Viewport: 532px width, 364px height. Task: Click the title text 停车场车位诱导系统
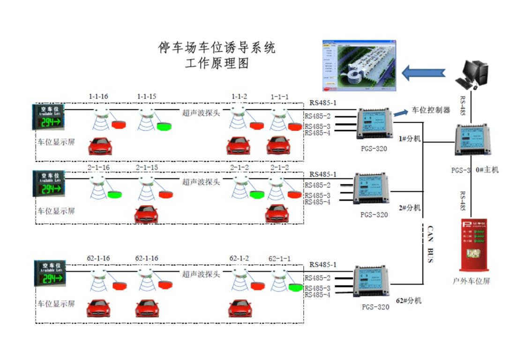(x=217, y=48)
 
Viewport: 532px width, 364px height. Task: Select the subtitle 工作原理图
(x=217, y=63)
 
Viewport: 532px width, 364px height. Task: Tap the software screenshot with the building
(x=359, y=65)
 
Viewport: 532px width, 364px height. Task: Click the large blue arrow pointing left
(x=423, y=73)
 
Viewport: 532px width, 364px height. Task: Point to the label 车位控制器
(x=431, y=110)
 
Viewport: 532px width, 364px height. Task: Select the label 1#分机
(x=410, y=139)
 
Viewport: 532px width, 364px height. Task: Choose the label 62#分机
(x=408, y=300)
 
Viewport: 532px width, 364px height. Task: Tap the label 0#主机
(x=487, y=170)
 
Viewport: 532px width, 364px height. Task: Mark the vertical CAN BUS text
(x=430, y=244)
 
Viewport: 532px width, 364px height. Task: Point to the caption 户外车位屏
(x=471, y=281)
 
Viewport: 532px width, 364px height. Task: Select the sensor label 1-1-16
(x=98, y=97)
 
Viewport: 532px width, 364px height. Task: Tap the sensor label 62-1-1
(x=279, y=259)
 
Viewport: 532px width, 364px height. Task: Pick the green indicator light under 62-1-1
(x=296, y=287)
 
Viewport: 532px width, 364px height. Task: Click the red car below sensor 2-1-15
(x=146, y=215)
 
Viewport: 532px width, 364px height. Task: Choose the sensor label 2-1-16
(x=98, y=167)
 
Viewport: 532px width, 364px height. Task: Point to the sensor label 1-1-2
(x=239, y=97)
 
